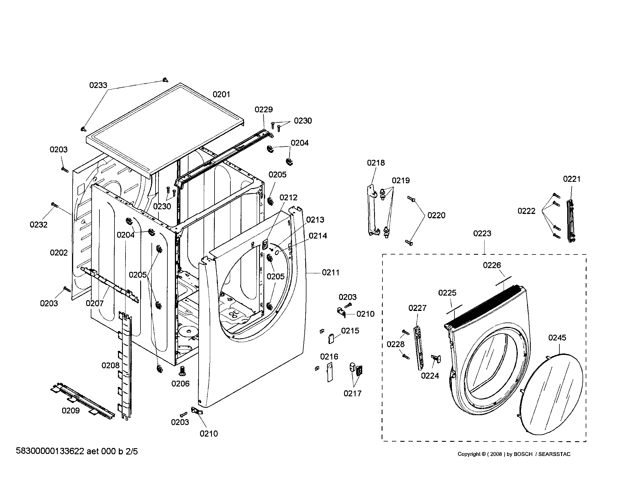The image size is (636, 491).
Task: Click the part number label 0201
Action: pyautogui.click(x=221, y=94)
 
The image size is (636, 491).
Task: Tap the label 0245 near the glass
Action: pyautogui.click(x=557, y=338)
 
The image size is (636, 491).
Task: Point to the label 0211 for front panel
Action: pyautogui.click(x=330, y=273)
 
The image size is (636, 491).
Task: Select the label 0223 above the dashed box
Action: pyautogui.click(x=482, y=234)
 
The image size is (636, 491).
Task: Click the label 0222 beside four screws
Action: pyautogui.click(x=526, y=211)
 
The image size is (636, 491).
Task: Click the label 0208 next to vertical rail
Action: pyautogui.click(x=110, y=366)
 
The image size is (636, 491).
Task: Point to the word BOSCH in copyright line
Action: pyautogui.click(x=523, y=454)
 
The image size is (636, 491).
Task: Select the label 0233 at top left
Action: pyautogui.click(x=98, y=85)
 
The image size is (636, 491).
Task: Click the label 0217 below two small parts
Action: pyautogui.click(x=352, y=394)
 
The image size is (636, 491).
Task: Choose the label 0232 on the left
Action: pyautogui.click(x=38, y=225)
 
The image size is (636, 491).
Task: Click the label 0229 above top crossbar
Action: pyautogui.click(x=264, y=110)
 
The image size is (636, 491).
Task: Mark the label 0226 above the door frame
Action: pyautogui.click(x=492, y=265)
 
